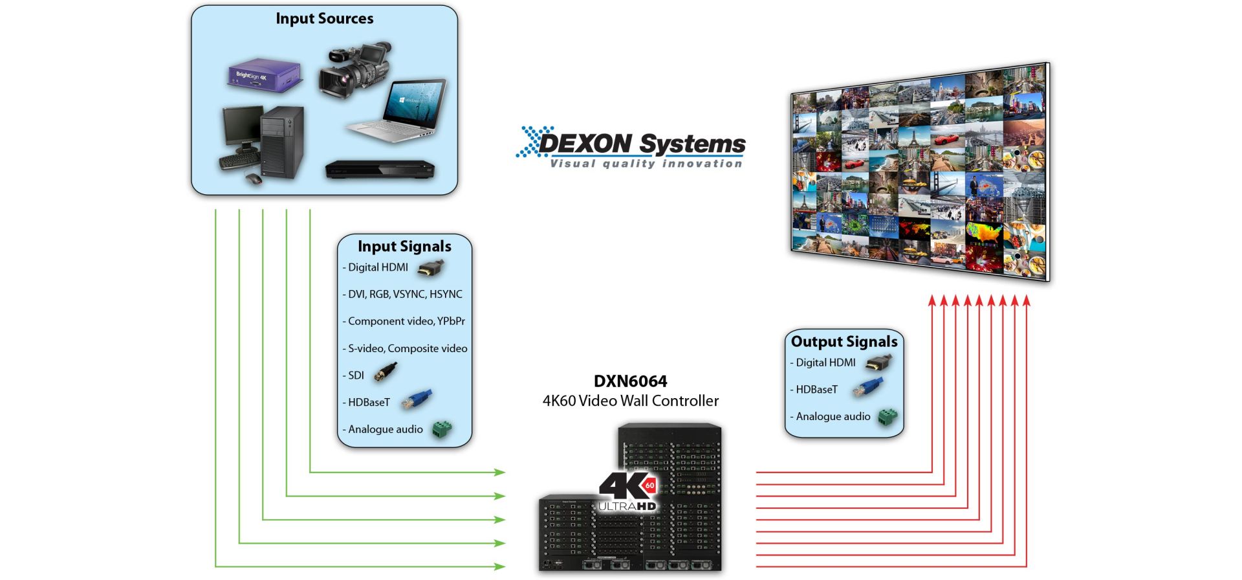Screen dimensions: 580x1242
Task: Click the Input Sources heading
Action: (x=324, y=19)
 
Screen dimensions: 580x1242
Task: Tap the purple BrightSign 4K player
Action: (x=265, y=74)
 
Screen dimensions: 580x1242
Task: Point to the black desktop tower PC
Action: (x=282, y=142)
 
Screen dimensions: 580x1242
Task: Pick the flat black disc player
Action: (x=380, y=170)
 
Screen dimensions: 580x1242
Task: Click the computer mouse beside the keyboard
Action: (x=253, y=179)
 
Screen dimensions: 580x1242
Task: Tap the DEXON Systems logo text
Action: (x=640, y=143)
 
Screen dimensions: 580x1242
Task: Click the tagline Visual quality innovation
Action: (x=646, y=164)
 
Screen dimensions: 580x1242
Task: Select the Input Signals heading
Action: (x=404, y=247)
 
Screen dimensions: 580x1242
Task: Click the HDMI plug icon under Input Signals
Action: (x=430, y=267)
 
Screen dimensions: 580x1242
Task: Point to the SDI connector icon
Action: (x=386, y=372)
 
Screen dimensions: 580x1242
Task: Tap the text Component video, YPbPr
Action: (x=406, y=321)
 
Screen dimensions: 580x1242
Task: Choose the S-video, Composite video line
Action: (x=408, y=348)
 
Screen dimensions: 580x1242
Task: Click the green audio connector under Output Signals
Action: (x=888, y=418)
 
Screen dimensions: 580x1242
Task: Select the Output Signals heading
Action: (x=844, y=342)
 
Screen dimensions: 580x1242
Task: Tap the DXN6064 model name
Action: (x=630, y=381)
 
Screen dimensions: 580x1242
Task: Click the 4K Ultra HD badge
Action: (x=626, y=492)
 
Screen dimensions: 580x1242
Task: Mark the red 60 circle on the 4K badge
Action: (x=649, y=485)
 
